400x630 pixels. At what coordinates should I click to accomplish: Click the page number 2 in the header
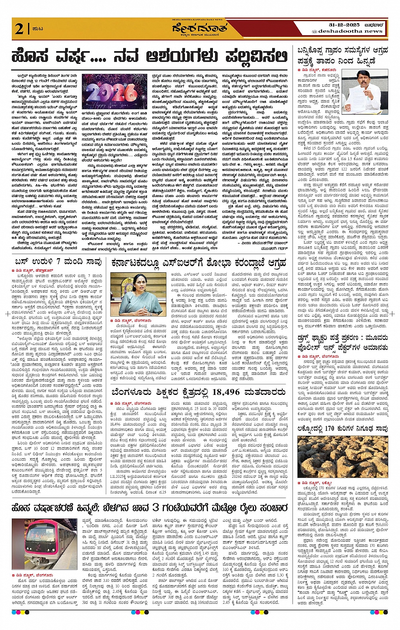coord(19,29)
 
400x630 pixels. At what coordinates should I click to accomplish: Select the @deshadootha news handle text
coord(347,31)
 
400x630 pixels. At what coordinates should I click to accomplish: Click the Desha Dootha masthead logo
coord(199,29)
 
